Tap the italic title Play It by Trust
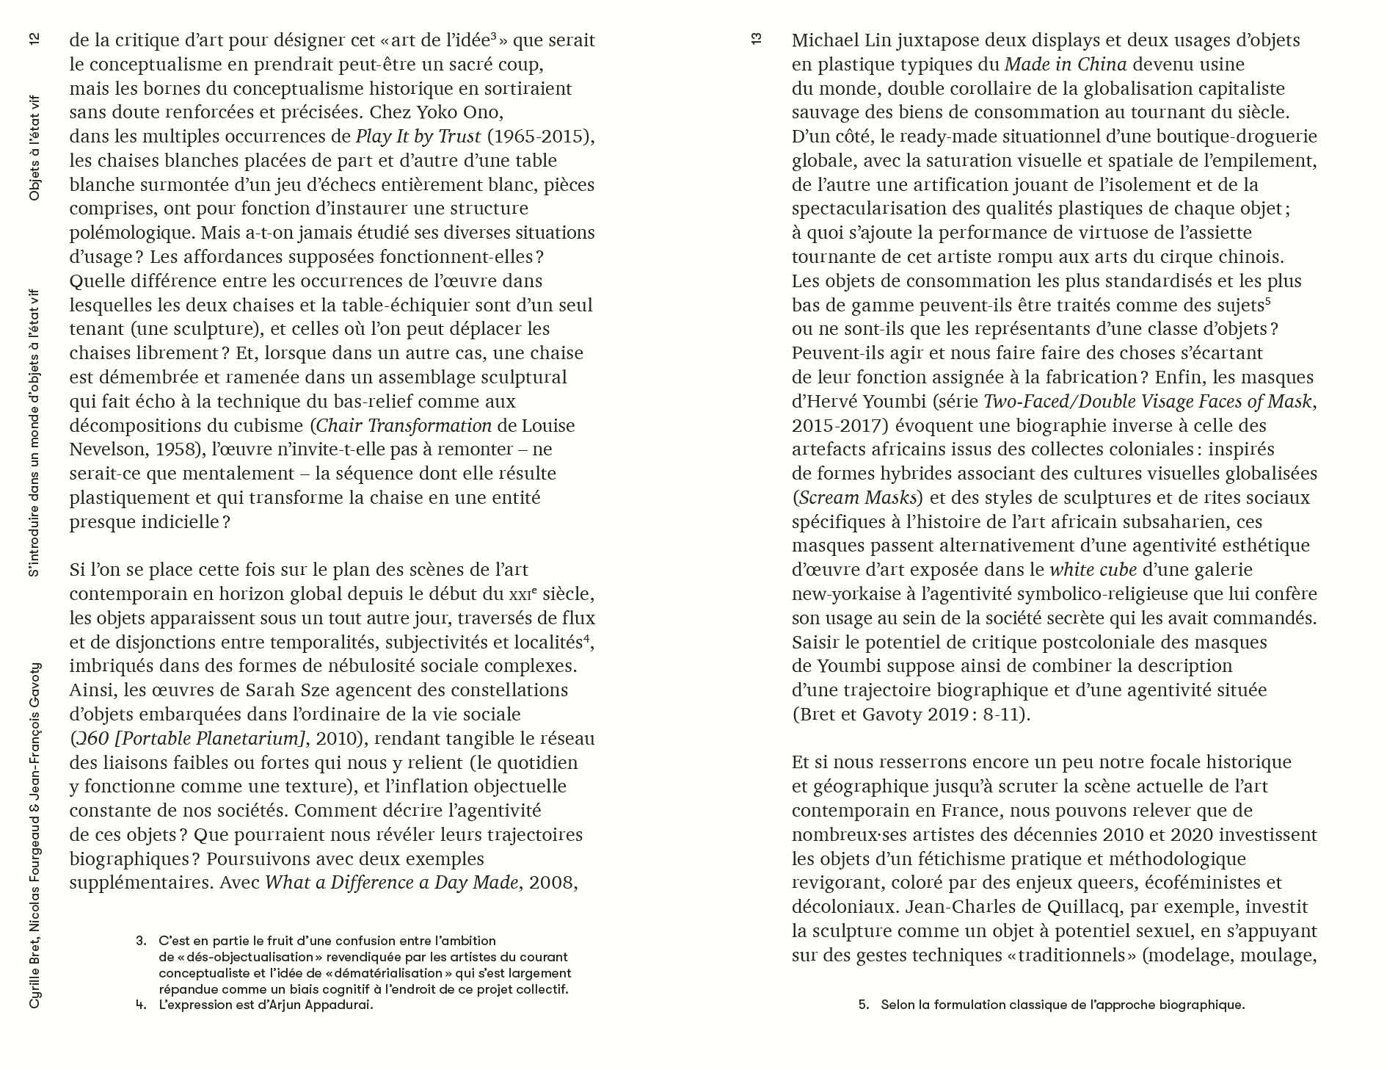(418, 137)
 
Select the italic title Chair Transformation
(404, 426)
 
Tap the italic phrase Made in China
(1066, 65)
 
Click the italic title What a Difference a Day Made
(392, 882)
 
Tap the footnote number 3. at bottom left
(141, 941)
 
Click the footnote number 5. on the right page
(864, 1005)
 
